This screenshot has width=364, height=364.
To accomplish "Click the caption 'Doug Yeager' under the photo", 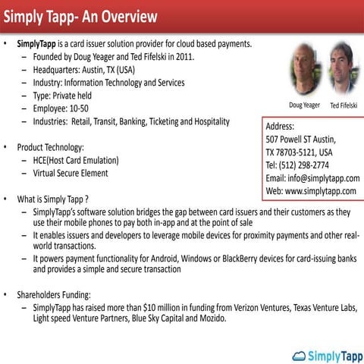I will click(x=304, y=105).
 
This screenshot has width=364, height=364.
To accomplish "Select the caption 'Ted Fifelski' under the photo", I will click(x=344, y=105).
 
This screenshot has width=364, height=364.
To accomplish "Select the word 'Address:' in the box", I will click(x=280, y=127).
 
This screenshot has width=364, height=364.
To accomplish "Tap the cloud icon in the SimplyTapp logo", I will click(x=299, y=354).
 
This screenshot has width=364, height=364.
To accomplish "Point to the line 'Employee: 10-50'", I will click(x=67, y=108).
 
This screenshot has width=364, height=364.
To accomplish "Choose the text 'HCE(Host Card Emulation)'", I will click(x=76, y=160).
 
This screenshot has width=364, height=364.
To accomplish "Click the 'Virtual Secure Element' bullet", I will click(x=71, y=173).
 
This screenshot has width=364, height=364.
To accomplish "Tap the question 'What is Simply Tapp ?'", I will click(x=58, y=199).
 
